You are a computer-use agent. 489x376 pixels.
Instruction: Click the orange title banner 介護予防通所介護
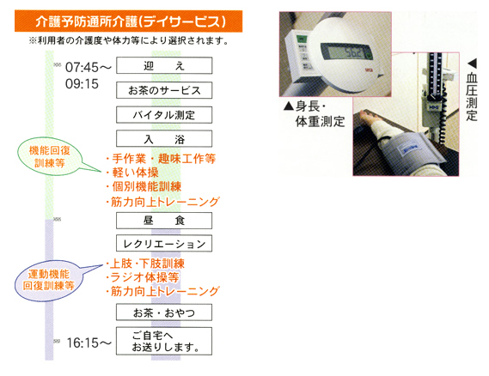pyautogui.click(x=129, y=21)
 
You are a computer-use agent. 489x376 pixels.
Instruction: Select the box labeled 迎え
pyautogui.click(x=164, y=65)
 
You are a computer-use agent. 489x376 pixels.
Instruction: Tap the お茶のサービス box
pyautogui.click(x=164, y=90)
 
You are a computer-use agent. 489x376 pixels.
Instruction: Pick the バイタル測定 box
pyautogui.click(x=164, y=115)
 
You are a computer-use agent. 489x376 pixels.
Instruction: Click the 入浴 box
pyautogui.click(x=164, y=138)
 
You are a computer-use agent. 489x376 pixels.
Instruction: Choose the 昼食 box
pyautogui.click(x=164, y=221)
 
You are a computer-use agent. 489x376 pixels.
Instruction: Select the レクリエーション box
pyautogui.click(x=164, y=243)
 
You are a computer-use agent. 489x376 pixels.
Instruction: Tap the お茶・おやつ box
pyautogui.click(x=164, y=312)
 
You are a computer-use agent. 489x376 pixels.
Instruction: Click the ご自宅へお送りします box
pyautogui.click(x=164, y=341)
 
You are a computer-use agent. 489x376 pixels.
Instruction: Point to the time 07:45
pyautogui.click(x=82, y=67)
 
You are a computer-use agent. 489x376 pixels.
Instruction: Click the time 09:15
pyautogui.click(x=82, y=84)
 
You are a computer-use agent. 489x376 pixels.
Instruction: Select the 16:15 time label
pyautogui.click(x=83, y=343)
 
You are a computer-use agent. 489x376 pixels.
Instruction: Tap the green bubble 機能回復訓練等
pyautogui.click(x=50, y=156)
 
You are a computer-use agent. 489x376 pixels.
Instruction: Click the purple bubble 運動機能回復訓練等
pyautogui.click(x=49, y=281)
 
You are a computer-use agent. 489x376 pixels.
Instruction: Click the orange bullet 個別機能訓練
pyautogui.click(x=144, y=186)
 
